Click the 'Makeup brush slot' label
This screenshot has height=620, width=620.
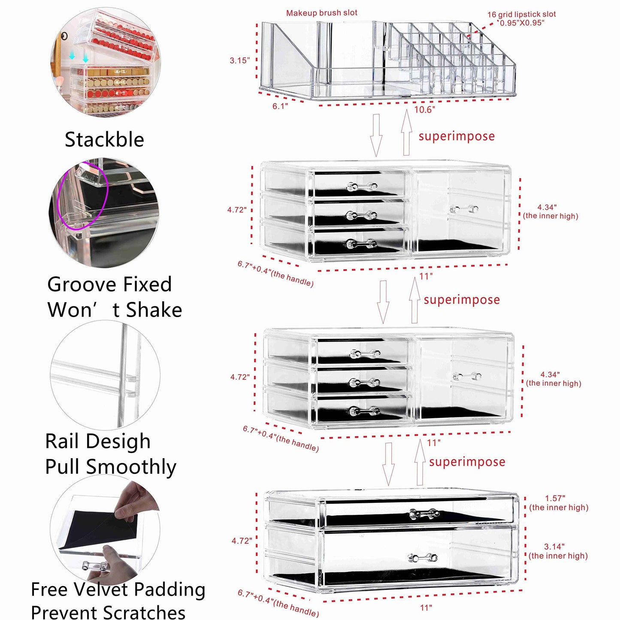click(321, 13)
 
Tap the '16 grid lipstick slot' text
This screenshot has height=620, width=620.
click(521, 14)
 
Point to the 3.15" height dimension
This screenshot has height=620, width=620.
click(239, 60)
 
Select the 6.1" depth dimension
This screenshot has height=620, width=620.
click(280, 106)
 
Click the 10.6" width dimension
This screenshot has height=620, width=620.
click(424, 110)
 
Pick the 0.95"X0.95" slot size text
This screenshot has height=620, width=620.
click(522, 23)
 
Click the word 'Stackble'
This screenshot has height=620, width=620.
click(104, 140)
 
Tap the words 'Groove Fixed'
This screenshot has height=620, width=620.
click(109, 284)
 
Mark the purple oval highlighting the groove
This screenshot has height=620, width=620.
click(82, 195)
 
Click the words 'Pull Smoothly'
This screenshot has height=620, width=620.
click(111, 467)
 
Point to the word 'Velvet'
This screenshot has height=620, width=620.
click(101, 590)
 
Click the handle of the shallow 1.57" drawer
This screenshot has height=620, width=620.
click(424, 514)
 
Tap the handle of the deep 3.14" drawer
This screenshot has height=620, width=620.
click(422, 558)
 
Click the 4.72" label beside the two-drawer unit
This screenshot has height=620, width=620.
click(242, 541)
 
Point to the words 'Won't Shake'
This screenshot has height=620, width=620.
click(115, 310)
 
